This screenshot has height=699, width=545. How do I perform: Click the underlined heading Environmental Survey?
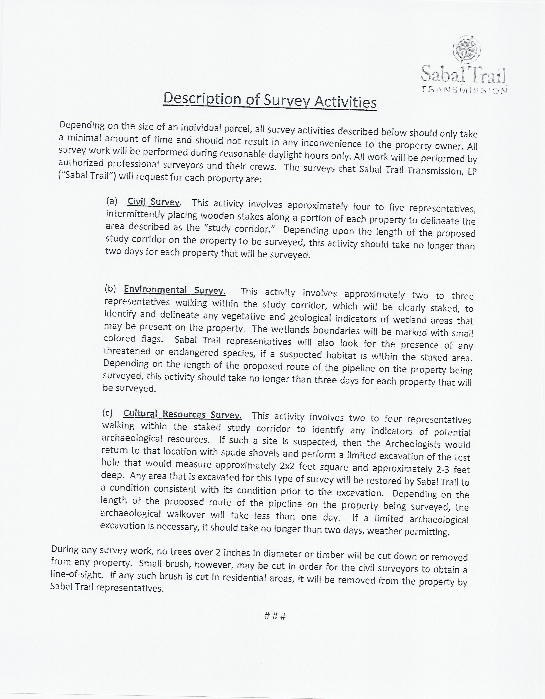click(175, 290)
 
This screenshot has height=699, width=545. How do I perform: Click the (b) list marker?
click(110, 289)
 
